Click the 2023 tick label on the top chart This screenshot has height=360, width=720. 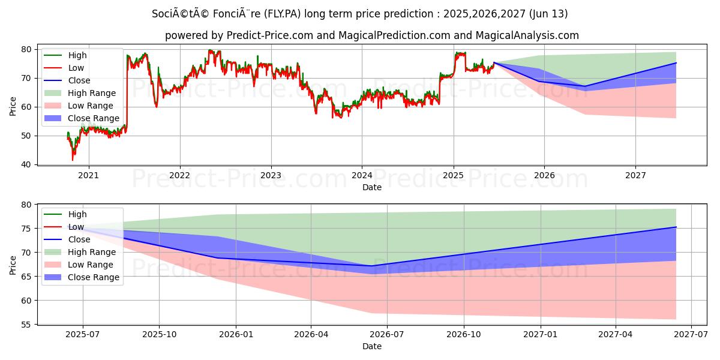(271, 175)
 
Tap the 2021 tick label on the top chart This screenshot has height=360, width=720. (89, 175)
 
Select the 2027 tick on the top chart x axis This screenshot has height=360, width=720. (635, 175)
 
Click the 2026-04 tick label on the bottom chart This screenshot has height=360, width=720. (311, 335)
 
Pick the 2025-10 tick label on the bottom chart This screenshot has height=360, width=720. (159, 335)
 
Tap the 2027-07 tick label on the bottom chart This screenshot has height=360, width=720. (691, 335)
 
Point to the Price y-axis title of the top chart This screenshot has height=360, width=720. (13, 106)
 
